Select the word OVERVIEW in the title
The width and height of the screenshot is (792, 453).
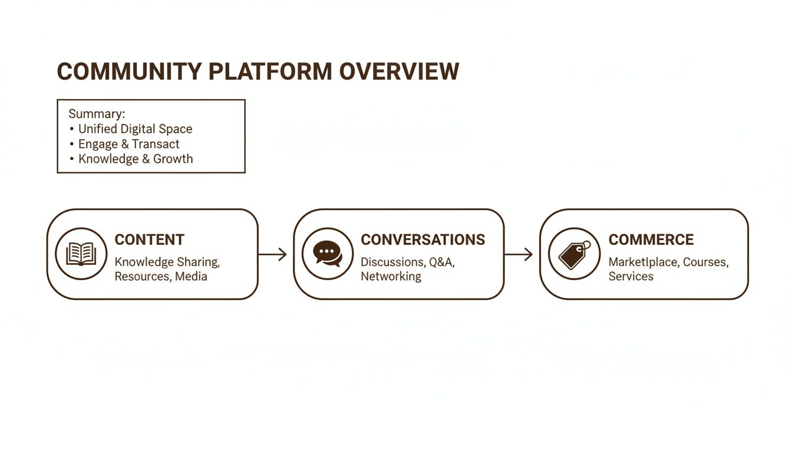click(399, 71)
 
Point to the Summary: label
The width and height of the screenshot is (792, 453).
click(97, 114)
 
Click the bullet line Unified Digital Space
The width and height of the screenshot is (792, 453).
click(135, 129)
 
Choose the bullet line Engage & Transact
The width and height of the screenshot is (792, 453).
click(128, 144)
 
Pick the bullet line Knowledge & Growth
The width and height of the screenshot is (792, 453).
click(135, 159)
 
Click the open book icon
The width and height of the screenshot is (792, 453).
click(81, 254)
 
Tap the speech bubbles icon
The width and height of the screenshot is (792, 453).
click(328, 254)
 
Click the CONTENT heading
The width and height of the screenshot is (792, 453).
click(150, 239)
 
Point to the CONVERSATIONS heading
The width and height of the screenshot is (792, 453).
click(423, 239)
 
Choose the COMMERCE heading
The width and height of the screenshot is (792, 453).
click(651, 239)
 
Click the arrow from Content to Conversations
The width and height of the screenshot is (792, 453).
click(272, 254)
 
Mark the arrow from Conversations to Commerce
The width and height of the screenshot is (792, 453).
click(519, 254)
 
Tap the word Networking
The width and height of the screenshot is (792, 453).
click(391, 276)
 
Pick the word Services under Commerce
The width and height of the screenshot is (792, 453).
click(631, 276)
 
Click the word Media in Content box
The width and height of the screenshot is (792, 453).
click(191, 276)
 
